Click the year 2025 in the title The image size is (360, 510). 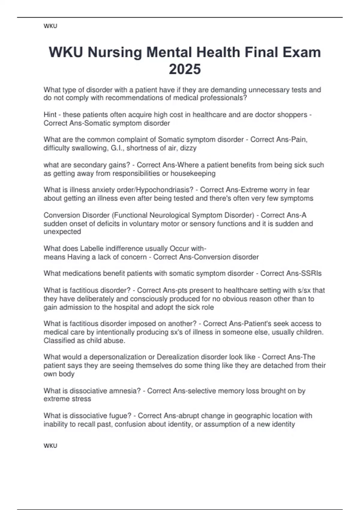point(185,69)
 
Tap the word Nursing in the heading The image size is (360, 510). point(115,52)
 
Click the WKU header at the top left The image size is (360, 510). point(50,26)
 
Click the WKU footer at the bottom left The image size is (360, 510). point(50,445)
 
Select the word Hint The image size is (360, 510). point(50,115)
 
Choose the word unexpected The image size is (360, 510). point(62,232)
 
